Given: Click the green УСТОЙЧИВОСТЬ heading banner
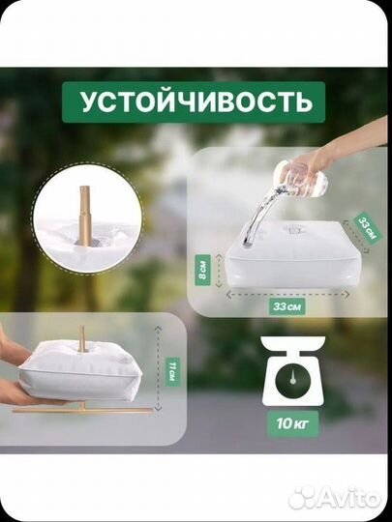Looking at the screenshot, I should point(196,99).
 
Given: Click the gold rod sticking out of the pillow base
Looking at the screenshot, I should point(83,339).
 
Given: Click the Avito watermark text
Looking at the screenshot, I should point(344,497).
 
